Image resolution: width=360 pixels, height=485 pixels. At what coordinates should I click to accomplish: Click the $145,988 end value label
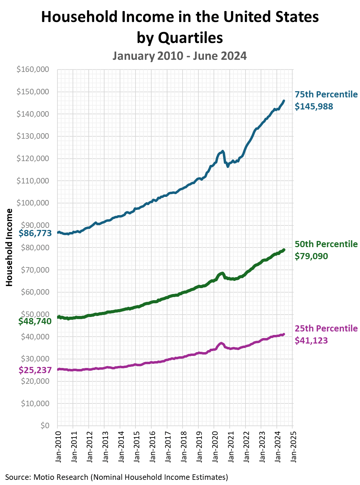coord(314,106)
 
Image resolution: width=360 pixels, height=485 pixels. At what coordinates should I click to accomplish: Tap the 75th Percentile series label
coord(326,94)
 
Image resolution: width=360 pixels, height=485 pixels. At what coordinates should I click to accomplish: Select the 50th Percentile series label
coord(326,244)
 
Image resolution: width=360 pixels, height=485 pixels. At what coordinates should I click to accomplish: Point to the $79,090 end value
coord(311,256)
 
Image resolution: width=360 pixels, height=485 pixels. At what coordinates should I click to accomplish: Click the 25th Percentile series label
coord(326,328)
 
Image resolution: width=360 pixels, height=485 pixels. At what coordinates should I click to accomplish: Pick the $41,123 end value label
coord(311,340)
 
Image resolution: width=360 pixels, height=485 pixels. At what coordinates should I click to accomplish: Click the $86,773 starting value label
coord(35,233)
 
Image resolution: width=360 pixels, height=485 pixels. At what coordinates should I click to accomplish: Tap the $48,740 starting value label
coord(35,321)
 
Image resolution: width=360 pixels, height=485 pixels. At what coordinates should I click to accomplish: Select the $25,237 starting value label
coord(35,370)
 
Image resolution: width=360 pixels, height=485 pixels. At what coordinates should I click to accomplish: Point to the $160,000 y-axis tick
coord(33,70)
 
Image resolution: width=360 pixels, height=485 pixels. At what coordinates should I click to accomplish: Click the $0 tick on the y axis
coord(45,425)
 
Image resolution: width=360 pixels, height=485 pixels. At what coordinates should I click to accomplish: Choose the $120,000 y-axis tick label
coord(33,159)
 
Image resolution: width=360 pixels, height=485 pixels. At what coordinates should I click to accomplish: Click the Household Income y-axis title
coord(9,247)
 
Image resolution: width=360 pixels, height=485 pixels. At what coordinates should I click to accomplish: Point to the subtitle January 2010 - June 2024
coord(179,56)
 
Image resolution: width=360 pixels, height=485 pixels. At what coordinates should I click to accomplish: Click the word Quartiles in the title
coord(190,38)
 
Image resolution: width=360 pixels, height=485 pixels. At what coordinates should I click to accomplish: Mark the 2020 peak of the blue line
coord(222,151)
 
